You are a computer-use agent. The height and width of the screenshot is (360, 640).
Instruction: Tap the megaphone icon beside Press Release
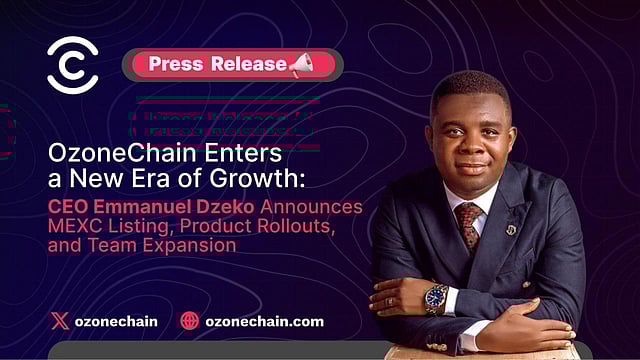point(302,65)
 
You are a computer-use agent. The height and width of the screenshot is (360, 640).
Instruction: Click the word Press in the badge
point(177,64)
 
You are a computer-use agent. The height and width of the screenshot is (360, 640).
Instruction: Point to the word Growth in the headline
point(261,182)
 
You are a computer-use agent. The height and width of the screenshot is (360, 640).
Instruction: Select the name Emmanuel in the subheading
point(136,207)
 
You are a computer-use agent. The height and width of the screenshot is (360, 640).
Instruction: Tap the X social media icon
point(60,322)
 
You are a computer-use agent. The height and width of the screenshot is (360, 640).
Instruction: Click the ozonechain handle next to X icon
point(116,322)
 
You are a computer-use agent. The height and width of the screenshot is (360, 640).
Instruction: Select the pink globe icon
point(190,322)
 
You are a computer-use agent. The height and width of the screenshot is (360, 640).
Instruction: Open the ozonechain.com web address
point(265,322)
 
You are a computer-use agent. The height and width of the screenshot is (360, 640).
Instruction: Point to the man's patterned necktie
point(468,225)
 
